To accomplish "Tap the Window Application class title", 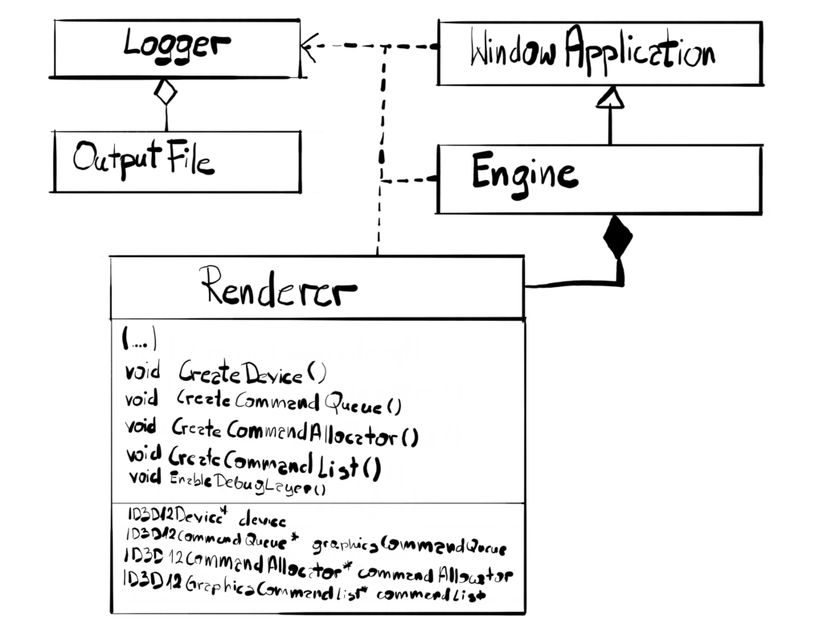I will point(592,54).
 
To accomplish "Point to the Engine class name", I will point(523,173).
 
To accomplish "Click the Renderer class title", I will point(277,287).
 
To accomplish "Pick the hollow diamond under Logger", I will point(165,92).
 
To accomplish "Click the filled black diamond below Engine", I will point(617,237).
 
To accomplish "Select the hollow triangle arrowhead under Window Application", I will point(611,97).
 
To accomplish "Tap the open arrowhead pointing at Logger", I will point(309,47).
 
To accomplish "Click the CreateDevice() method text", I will point(252,374).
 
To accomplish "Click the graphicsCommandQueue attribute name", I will point(409,547).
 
